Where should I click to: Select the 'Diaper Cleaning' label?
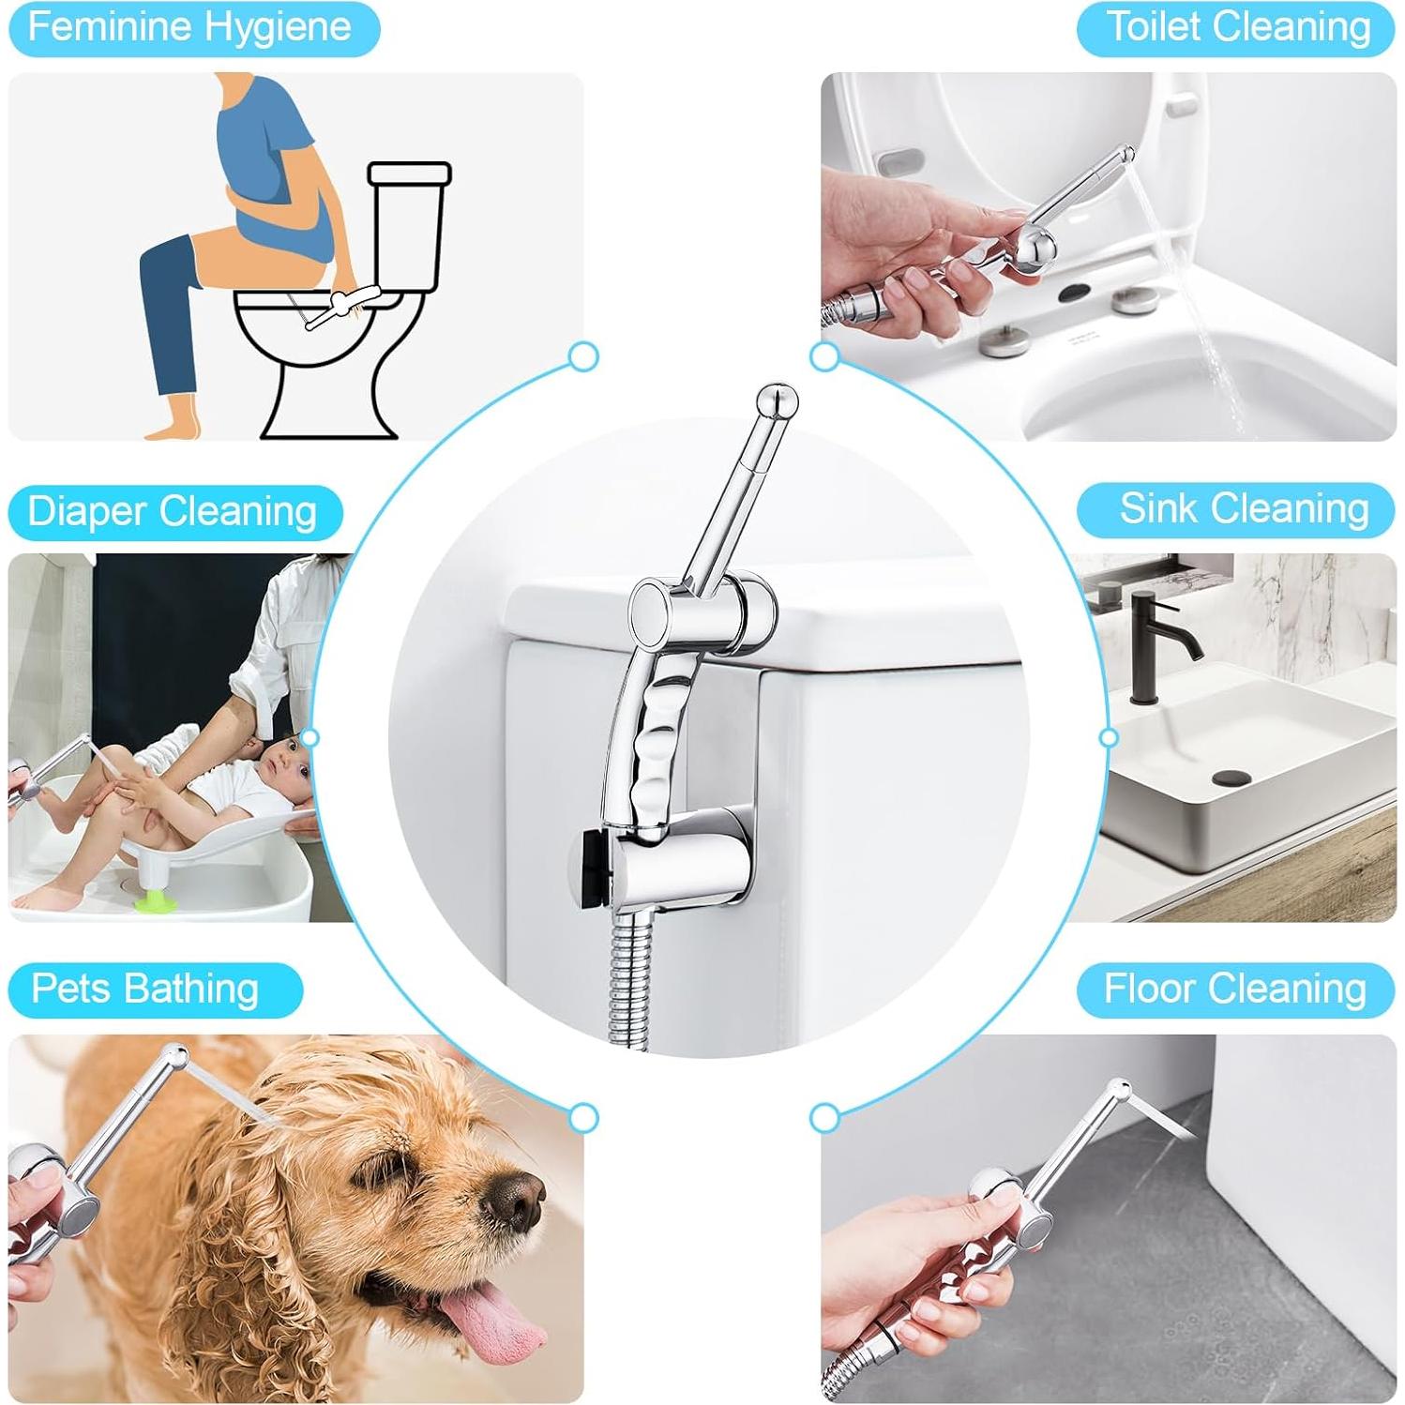pyautogui.click(x=174, y=512)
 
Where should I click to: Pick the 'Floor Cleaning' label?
pyautogui.click(x=1236, y=990)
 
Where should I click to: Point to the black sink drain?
pyautogui.click(x=1230, y=778)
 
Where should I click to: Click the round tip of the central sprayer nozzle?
pyautogui.click(x=778, y=400)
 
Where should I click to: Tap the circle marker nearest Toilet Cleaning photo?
pyautogui.click(x=824, y=356)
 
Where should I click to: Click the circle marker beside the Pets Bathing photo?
pyautogui.click(x=583, y=1117)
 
